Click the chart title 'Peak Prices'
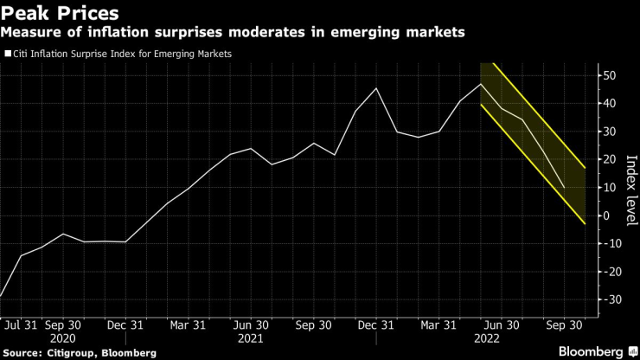point(60,14)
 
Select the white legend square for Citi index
point(9,54)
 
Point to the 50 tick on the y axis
point(609,75)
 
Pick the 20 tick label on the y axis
point(609,159)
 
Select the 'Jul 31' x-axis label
point(20,325)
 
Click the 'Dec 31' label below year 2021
point(377,325)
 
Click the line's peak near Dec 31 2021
point(376,88)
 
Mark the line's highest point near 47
point(481,84)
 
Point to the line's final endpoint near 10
point(565,188)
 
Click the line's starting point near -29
point(2,296)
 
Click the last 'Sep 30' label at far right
point(565,325)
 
